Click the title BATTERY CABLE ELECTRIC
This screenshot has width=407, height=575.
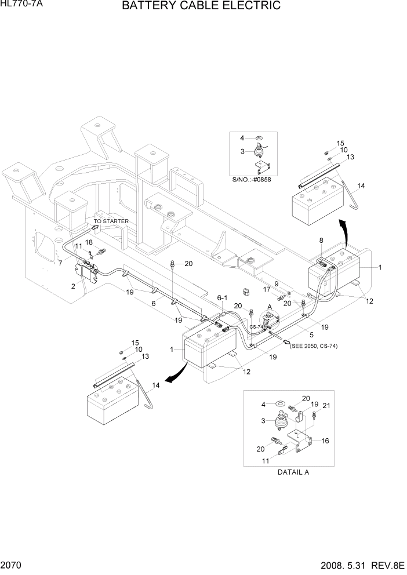click(x=202, y=6)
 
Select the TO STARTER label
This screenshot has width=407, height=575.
click(x=111, y=221)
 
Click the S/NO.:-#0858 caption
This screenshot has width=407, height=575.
click(x=252, y=180)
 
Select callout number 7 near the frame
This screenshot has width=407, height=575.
click(x=60, y=263)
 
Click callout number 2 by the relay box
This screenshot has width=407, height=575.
click(x=73, y=286)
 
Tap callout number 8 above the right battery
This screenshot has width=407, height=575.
click(x=321, y=240)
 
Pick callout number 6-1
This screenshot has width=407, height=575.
click(x=222, y=297)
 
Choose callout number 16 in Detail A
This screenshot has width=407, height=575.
click(x=325, y=441)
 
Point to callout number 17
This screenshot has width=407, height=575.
click(x=266, y=289)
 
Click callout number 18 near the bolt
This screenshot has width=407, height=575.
click(x=89, y=242)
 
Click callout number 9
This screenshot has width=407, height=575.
click(x=277, y=283)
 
